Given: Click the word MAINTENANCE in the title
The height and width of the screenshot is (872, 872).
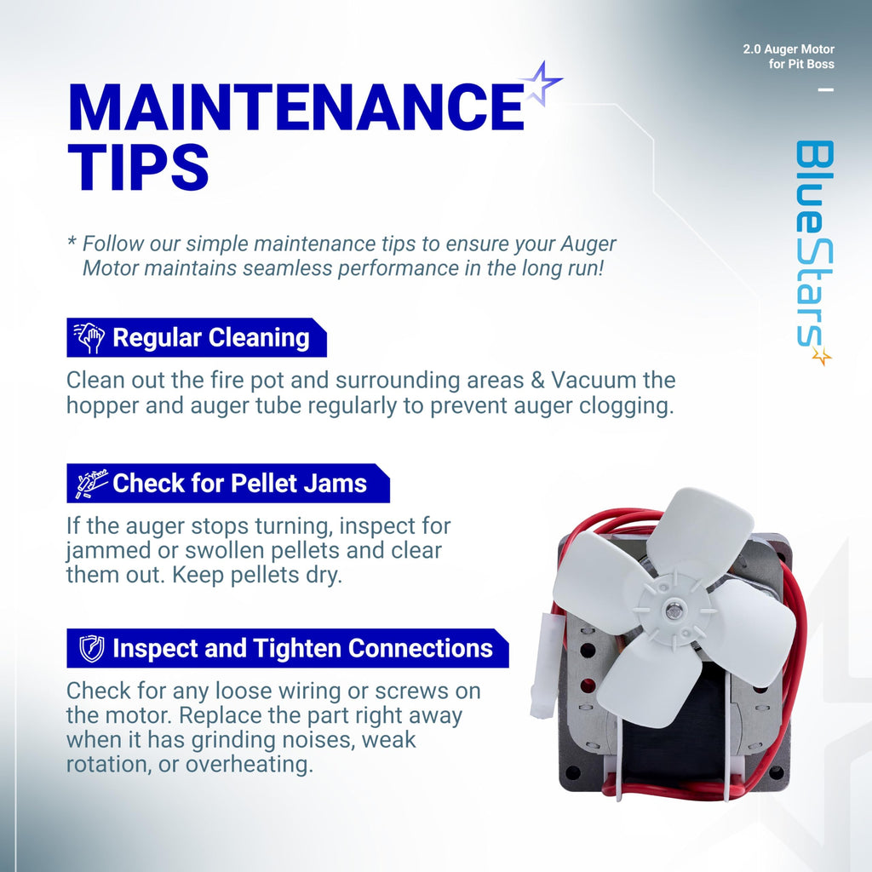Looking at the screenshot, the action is click(295, 106).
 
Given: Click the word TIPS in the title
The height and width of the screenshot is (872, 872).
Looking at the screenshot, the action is click(139, 167).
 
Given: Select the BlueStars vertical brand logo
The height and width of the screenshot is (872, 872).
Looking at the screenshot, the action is click(814, 251).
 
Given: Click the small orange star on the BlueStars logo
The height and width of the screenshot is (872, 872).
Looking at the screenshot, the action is click(822, 356).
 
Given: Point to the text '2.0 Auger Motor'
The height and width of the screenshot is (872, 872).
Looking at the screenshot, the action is click(789, 49).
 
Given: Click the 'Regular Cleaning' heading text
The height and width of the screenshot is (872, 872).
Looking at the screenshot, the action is click(211, 337).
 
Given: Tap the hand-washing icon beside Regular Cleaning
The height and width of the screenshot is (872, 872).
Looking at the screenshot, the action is click(89, 337).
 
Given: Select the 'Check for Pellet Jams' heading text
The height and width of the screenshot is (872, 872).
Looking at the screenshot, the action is click(239, 483).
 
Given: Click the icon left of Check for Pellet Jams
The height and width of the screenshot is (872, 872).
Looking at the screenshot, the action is click(92, 484).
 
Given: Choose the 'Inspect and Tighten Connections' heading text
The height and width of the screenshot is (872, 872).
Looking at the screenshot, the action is click(302, 648).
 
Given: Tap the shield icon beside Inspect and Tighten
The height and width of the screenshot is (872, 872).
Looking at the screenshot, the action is click(92, 648).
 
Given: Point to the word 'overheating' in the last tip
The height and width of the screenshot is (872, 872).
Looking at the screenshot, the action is click(250, 765).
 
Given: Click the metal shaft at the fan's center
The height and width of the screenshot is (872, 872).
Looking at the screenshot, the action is click(674, 607).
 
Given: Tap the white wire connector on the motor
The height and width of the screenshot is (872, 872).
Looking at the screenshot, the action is click(542, 665).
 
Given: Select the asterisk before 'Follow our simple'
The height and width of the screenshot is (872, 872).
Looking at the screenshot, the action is click(72, 241).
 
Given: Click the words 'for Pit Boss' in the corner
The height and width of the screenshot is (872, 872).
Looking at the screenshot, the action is click(801, 64).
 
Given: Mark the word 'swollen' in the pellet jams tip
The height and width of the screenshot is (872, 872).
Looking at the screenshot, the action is click(225, 551).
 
